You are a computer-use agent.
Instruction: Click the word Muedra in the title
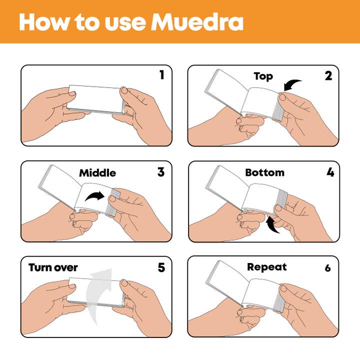click(197, 22)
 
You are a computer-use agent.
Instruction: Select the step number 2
click(328, 76)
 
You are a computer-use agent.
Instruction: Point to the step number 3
click(160, 172)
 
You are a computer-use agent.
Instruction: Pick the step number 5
click(161, 267)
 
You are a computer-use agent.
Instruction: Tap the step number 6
click(328, 268)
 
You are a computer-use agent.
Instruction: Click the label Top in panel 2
click(263, 76)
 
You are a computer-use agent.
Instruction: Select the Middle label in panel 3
click(97, 173)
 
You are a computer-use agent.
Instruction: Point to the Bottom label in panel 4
click(264, 172)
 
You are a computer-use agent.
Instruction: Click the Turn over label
click(53, 267)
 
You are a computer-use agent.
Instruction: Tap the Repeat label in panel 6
click(267, 267)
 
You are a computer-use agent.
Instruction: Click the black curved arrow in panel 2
click(292, 84)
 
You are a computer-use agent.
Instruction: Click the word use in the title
click(121, 22)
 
